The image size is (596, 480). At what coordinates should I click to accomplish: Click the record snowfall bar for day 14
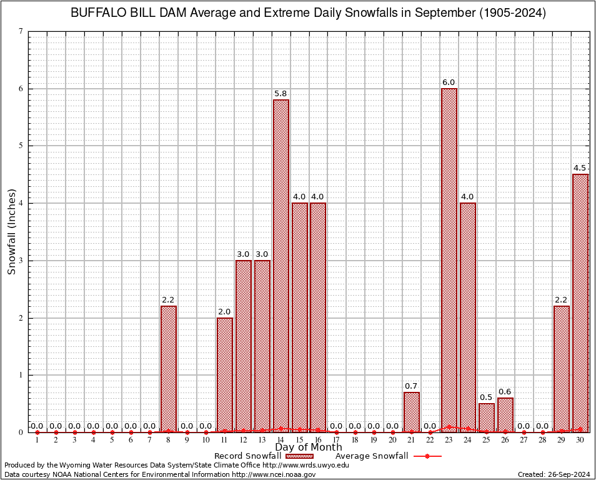281,266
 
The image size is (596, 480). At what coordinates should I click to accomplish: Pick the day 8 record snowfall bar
169,369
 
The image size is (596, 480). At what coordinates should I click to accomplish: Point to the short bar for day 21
412,412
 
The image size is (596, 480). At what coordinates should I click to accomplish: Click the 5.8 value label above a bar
281,94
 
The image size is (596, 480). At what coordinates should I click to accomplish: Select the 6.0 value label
449,82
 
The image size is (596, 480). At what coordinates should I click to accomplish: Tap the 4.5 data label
580,168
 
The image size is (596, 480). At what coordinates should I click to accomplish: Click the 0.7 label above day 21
411,386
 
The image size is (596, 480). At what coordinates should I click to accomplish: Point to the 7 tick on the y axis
21,31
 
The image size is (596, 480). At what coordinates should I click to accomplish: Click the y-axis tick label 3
21,261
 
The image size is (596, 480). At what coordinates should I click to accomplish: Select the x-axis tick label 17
336,441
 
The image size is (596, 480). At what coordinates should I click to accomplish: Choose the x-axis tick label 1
37,441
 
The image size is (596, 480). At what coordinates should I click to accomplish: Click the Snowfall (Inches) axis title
12,232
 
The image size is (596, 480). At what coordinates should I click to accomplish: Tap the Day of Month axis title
309,447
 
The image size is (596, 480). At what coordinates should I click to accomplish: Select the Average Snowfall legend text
372,456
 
